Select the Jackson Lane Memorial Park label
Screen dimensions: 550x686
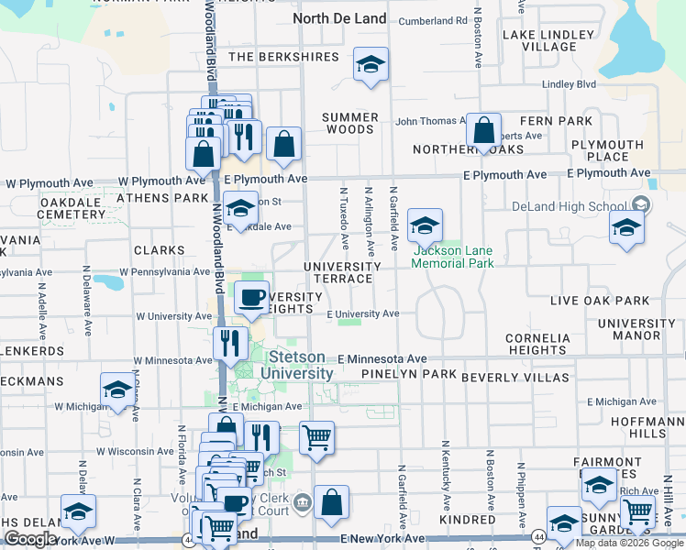(452, 257)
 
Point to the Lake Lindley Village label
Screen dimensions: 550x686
(540, 40)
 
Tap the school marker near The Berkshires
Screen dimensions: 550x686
(371, 65)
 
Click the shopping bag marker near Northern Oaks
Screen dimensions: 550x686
(483, 130)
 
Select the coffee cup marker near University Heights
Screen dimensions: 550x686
(251, 297)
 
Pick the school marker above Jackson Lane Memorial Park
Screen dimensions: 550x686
(425, 225)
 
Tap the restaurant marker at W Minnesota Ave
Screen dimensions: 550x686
(230, 344)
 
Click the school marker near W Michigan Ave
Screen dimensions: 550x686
(117, 391)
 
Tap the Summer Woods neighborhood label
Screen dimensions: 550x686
(350, 124)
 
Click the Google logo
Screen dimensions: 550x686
(29, 539)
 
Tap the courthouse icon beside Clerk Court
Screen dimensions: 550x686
(302, 502)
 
